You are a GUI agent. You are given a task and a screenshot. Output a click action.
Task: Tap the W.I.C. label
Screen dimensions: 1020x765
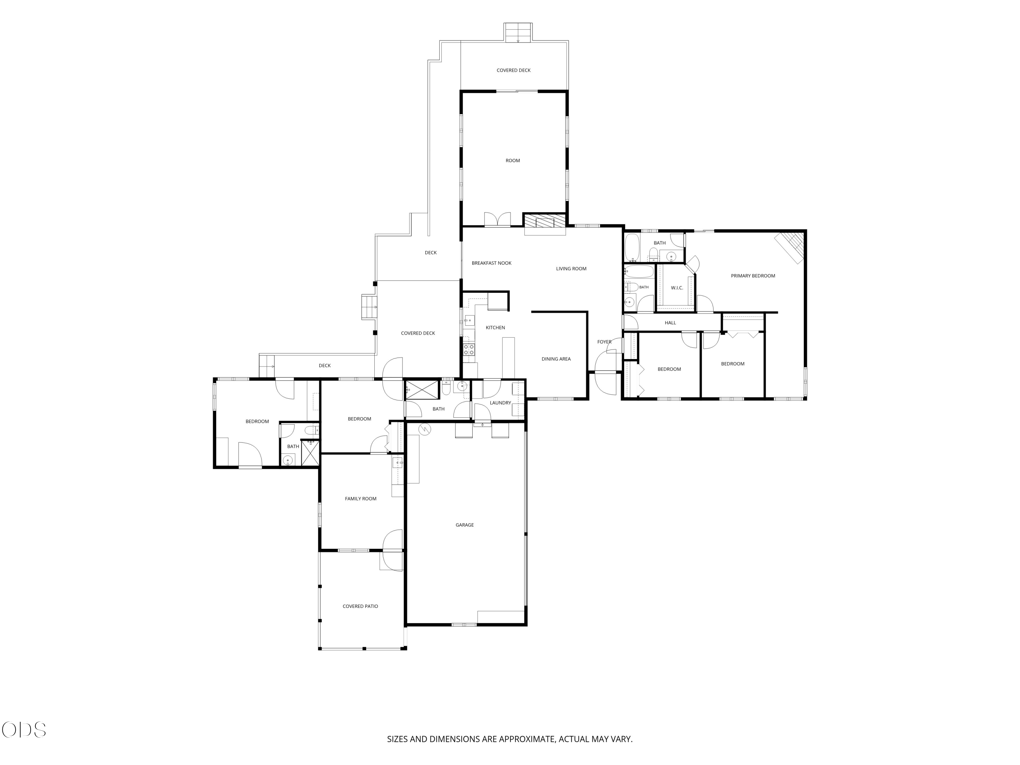677,288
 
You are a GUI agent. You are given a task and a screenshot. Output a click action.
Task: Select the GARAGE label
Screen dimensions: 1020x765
464,525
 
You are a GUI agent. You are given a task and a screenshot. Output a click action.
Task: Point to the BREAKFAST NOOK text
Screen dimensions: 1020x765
492,263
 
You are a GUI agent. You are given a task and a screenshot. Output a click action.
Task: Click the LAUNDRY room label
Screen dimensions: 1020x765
500,403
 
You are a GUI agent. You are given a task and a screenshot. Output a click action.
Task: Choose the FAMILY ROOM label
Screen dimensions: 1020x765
361,498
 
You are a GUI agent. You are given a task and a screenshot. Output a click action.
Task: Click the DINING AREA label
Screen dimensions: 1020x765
556,359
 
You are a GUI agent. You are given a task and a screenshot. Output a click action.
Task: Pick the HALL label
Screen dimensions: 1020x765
670,323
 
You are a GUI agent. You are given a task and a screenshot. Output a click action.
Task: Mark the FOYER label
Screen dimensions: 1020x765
604,342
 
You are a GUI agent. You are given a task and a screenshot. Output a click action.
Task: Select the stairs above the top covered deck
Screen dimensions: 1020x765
518,32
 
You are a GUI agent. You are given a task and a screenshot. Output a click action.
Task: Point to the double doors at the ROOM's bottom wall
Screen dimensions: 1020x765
497,220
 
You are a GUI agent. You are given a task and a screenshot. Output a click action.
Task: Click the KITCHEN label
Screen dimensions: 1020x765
495,327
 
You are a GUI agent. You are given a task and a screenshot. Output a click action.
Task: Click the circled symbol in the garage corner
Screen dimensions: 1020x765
425,429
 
